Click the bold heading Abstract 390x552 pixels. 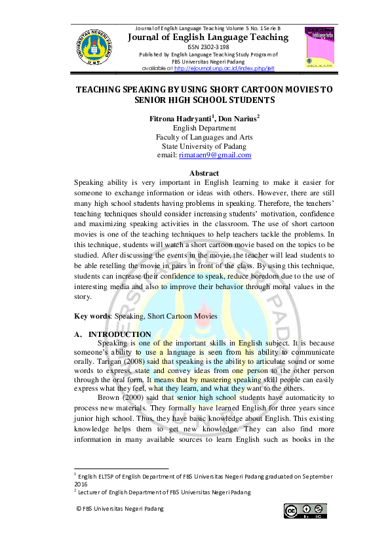204,173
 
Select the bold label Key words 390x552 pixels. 94,316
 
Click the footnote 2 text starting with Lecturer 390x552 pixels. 164,492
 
